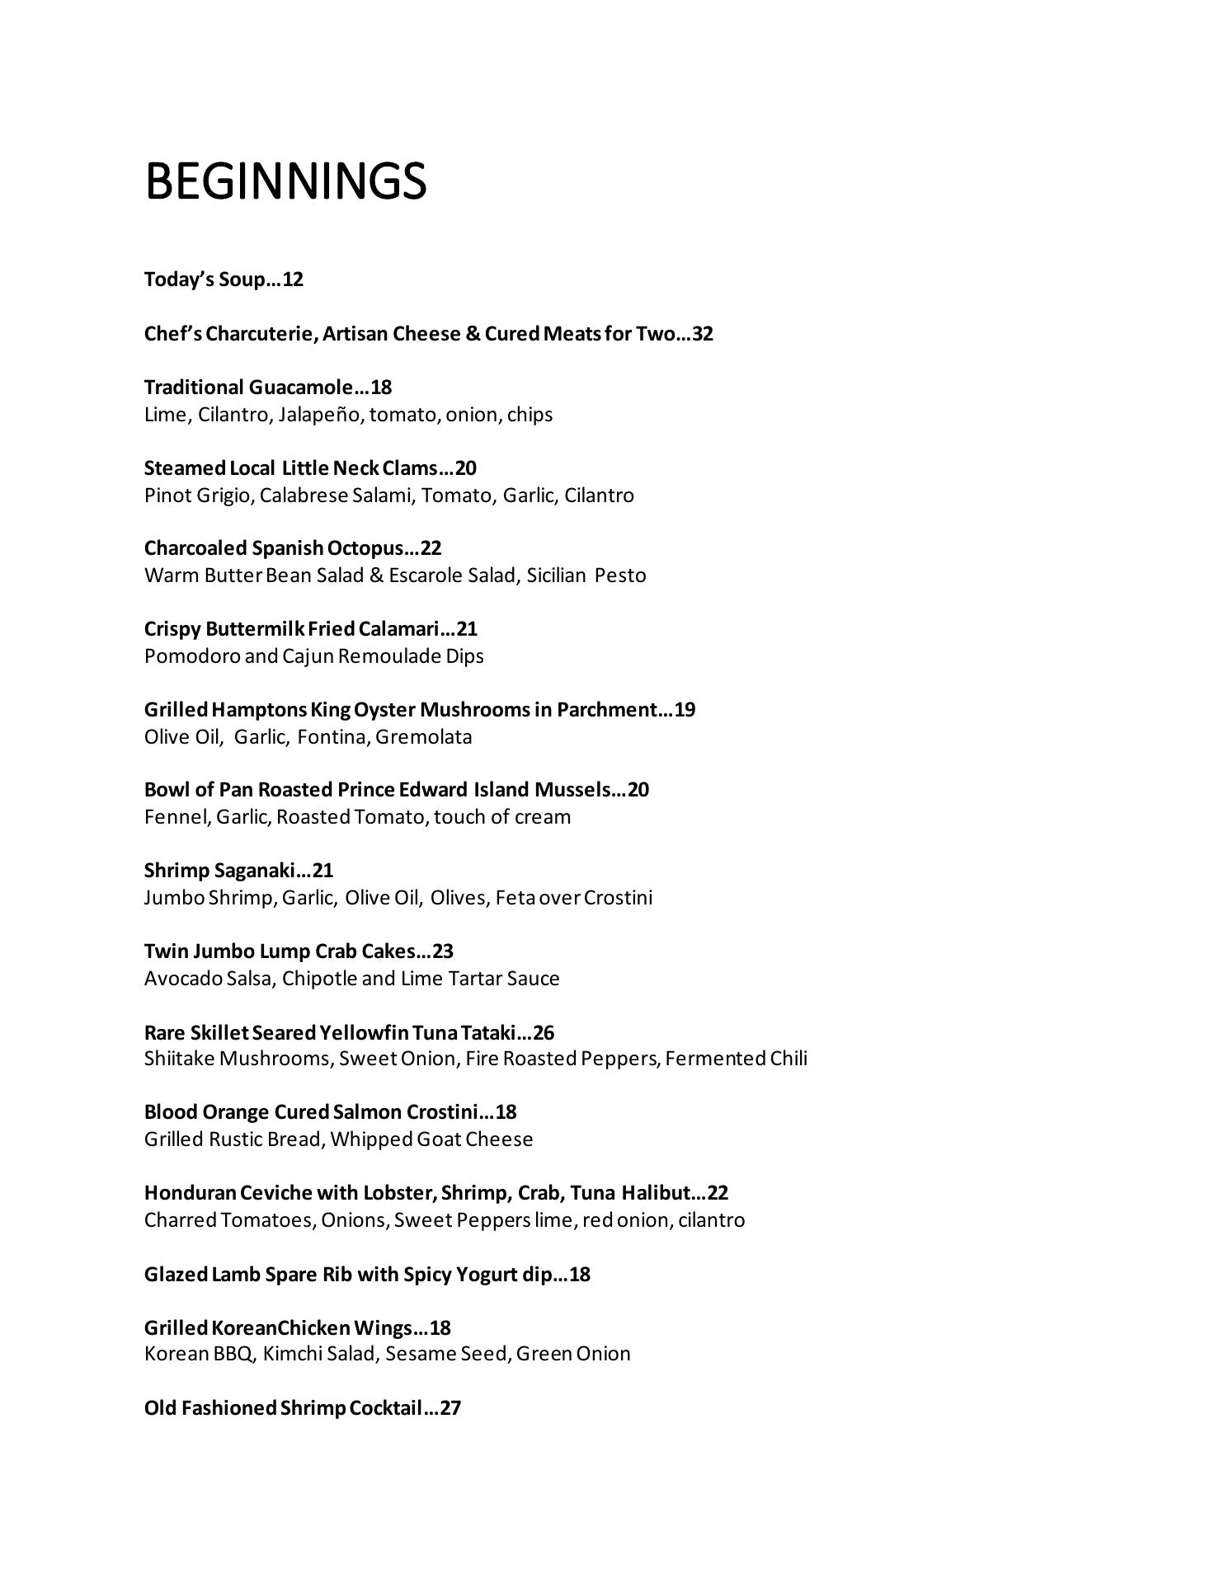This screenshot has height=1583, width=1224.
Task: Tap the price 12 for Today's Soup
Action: pos(293,279)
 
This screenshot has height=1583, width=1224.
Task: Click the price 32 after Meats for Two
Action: pos(703,334)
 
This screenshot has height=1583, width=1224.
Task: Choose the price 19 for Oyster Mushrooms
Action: pos(685,710)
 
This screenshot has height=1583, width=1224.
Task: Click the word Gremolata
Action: pos(424,737)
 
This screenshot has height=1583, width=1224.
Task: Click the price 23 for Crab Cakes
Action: pos(443,951)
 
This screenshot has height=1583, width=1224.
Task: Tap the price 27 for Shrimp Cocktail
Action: pos(450,1407)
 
